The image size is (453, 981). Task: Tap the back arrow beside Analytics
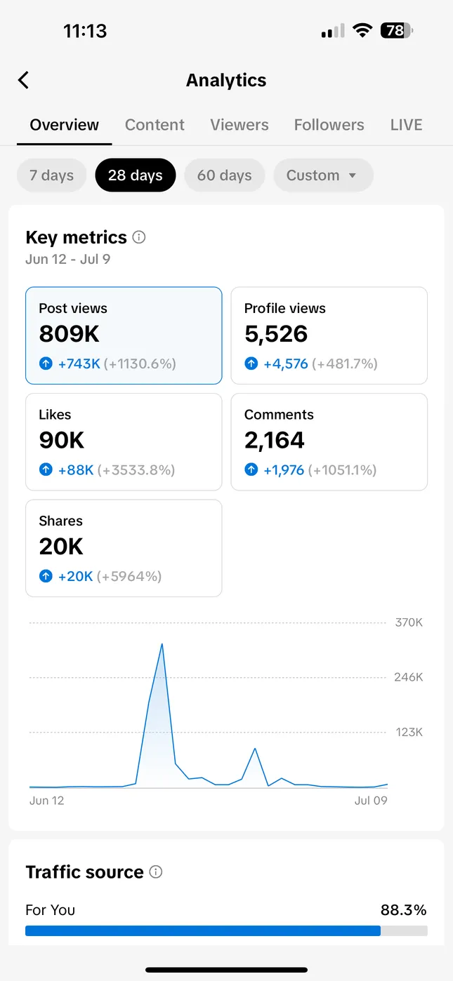[24, 80]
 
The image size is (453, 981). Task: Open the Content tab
[155, 125]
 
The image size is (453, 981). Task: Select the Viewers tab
[239, 125]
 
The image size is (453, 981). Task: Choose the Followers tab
[329, 125]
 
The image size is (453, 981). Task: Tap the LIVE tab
[406, 125]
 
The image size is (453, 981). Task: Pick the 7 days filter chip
[51, 175]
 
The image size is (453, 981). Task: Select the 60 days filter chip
[224, 175]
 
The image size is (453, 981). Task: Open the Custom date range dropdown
[323, 175]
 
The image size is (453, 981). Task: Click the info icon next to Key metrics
[139, 237]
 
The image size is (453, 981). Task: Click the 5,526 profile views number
[276, 334]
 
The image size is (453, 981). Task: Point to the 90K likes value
[62, 440]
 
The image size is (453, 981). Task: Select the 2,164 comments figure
[275, 440]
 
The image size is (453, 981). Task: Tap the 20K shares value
[61, 546]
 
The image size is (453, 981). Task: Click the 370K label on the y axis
[409, 622]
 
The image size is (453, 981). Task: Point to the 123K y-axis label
[409, 732]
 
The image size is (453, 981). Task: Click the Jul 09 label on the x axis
[371, 801]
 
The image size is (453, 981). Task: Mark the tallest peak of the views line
[162, 644]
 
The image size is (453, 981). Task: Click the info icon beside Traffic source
[156, 872]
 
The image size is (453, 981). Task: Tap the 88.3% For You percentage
[403, 910]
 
